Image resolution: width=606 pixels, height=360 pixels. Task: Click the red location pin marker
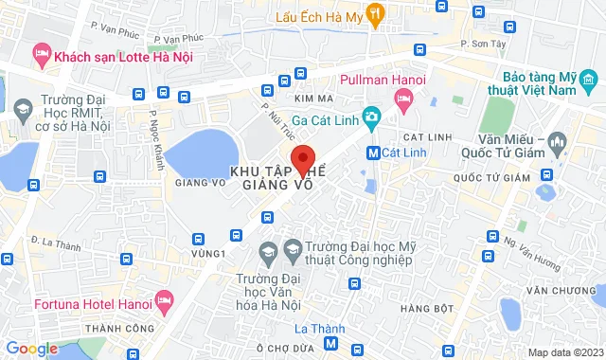[302, 160]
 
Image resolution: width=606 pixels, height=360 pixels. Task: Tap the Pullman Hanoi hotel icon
[404, 99]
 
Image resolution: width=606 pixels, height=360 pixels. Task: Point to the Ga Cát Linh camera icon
[373, 117]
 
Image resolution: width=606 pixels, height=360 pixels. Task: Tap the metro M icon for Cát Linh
[374, 153]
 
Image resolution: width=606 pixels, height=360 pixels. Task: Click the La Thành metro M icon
[330, 345]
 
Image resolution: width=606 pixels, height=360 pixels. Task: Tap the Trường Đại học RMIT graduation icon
[21, 110]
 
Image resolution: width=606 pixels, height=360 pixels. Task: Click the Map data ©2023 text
[563, 352]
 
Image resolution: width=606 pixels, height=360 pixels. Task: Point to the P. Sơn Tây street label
[478, 43]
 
